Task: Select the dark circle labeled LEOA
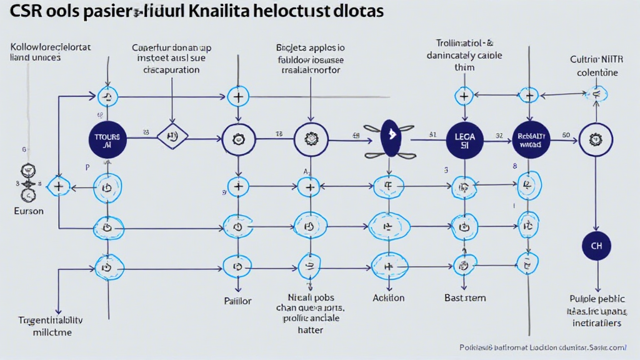click(x=465, y=139)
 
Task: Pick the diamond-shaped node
click(x=172, y=136)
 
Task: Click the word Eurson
click(x=29, y=211)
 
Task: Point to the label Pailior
click(x=237, y=301)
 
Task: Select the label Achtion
click(x=388, y=297)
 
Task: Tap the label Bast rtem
click(x=465, y=297)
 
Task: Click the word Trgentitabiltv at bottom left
click(x=51, y=321)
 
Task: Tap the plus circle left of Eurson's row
click(x=58, y=186)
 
